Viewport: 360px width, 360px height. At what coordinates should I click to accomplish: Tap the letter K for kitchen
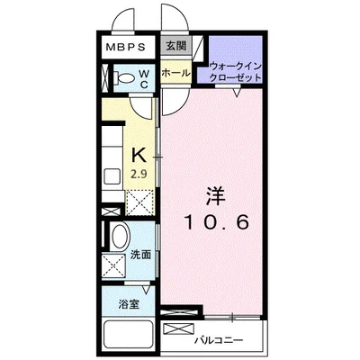(x=139, y=155)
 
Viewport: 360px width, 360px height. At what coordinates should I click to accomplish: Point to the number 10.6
(x=214, y=221)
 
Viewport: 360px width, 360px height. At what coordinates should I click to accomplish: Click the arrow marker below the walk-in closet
(x=236, y=93)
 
